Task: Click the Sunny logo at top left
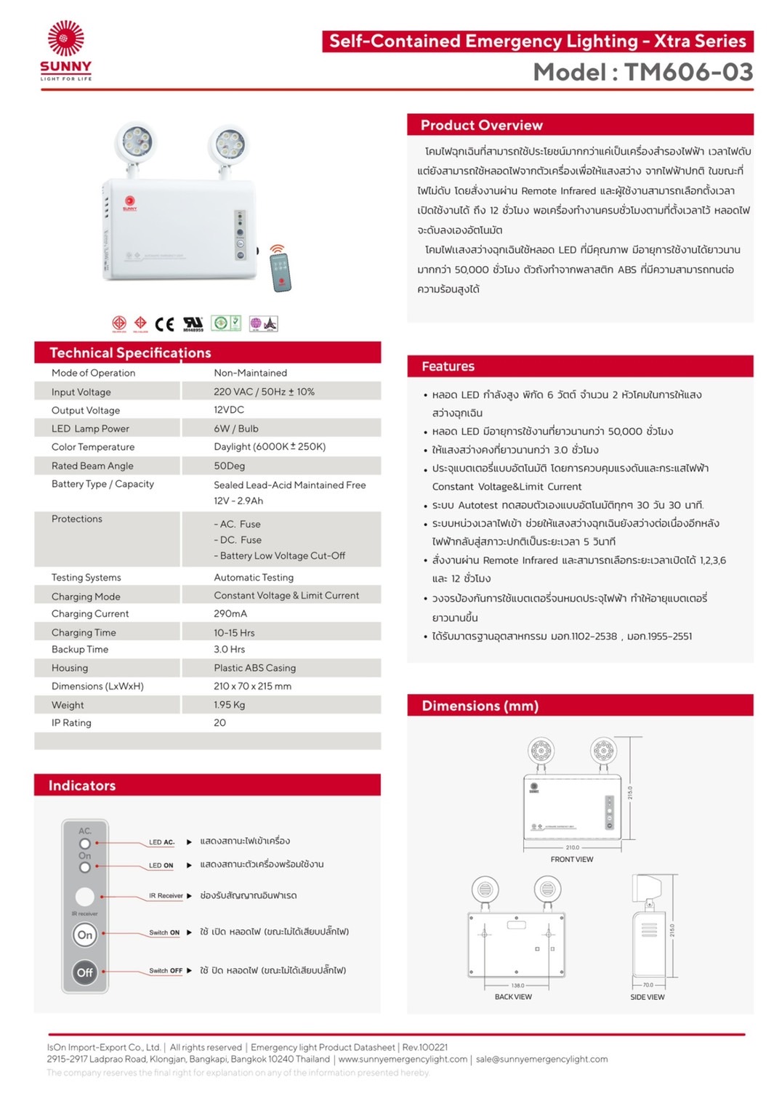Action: [65, 49]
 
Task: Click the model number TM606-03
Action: [688, 72]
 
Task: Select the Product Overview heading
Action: [481, 125]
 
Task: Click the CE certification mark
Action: [164, 324]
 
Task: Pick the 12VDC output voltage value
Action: [229, 410]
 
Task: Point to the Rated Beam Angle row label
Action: [92, 466]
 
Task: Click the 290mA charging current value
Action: [230, 613]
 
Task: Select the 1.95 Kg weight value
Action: [229, 705]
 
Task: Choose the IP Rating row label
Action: [71, 723]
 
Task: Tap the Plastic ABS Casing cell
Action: [254, 668]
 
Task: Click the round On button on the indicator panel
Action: [85, 935]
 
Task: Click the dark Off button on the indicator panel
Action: [85, 972]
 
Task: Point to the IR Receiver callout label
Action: [166, 896]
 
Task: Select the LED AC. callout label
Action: [161, 842]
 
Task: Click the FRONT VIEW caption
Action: [571, 860]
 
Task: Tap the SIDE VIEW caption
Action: [647, 997]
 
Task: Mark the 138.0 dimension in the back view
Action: [517, 986]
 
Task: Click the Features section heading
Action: [448, 366]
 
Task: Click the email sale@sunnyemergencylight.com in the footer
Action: [541, 1059]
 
